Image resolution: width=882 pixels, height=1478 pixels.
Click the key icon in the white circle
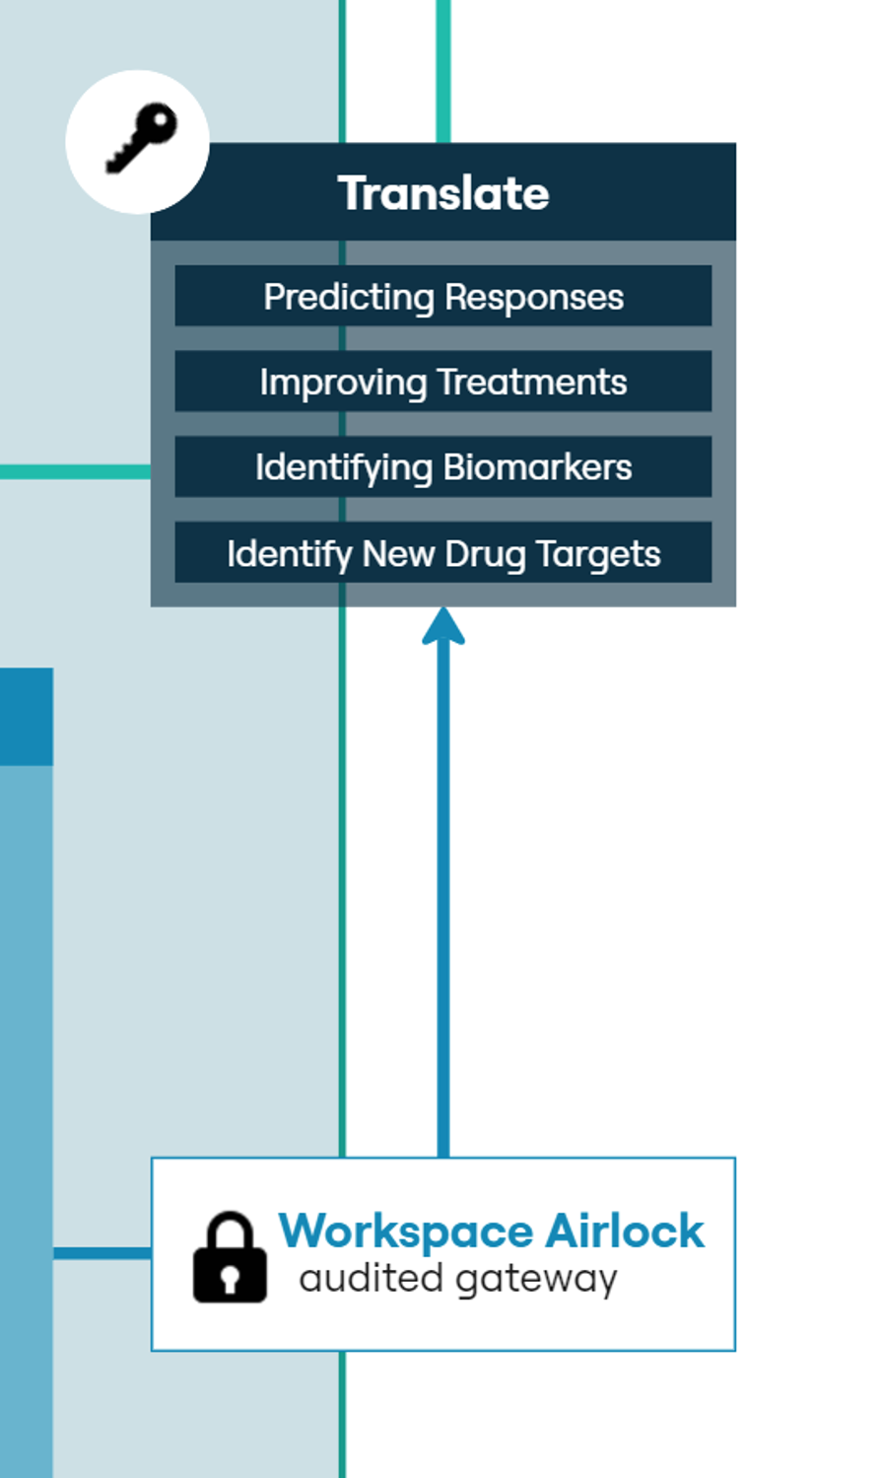point(141,139)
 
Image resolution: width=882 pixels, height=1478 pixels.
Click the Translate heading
point(443,193)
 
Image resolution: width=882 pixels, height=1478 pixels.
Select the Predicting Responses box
point(443,296)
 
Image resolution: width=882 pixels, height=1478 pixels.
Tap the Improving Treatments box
point(443,382)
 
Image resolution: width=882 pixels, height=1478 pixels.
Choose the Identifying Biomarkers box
point(443,466)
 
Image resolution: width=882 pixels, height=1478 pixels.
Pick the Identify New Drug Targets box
point(443,552)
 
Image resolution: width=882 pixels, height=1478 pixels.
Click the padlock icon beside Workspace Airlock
point(231,1256)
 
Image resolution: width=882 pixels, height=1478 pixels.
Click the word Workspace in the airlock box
point(406,1232)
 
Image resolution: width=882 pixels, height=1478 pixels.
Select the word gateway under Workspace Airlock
point(537,1280)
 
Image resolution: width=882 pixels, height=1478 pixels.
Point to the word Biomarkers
point(538,467)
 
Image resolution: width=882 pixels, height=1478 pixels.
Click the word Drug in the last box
point(485,555)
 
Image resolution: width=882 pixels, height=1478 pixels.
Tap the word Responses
point(534,298)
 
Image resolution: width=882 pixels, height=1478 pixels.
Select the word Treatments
point(533,382)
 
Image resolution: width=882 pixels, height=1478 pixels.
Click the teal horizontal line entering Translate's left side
point(75,471)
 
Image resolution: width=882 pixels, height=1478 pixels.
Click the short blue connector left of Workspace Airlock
point(102,1253)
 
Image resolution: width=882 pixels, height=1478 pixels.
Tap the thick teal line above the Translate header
point(443,71)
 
